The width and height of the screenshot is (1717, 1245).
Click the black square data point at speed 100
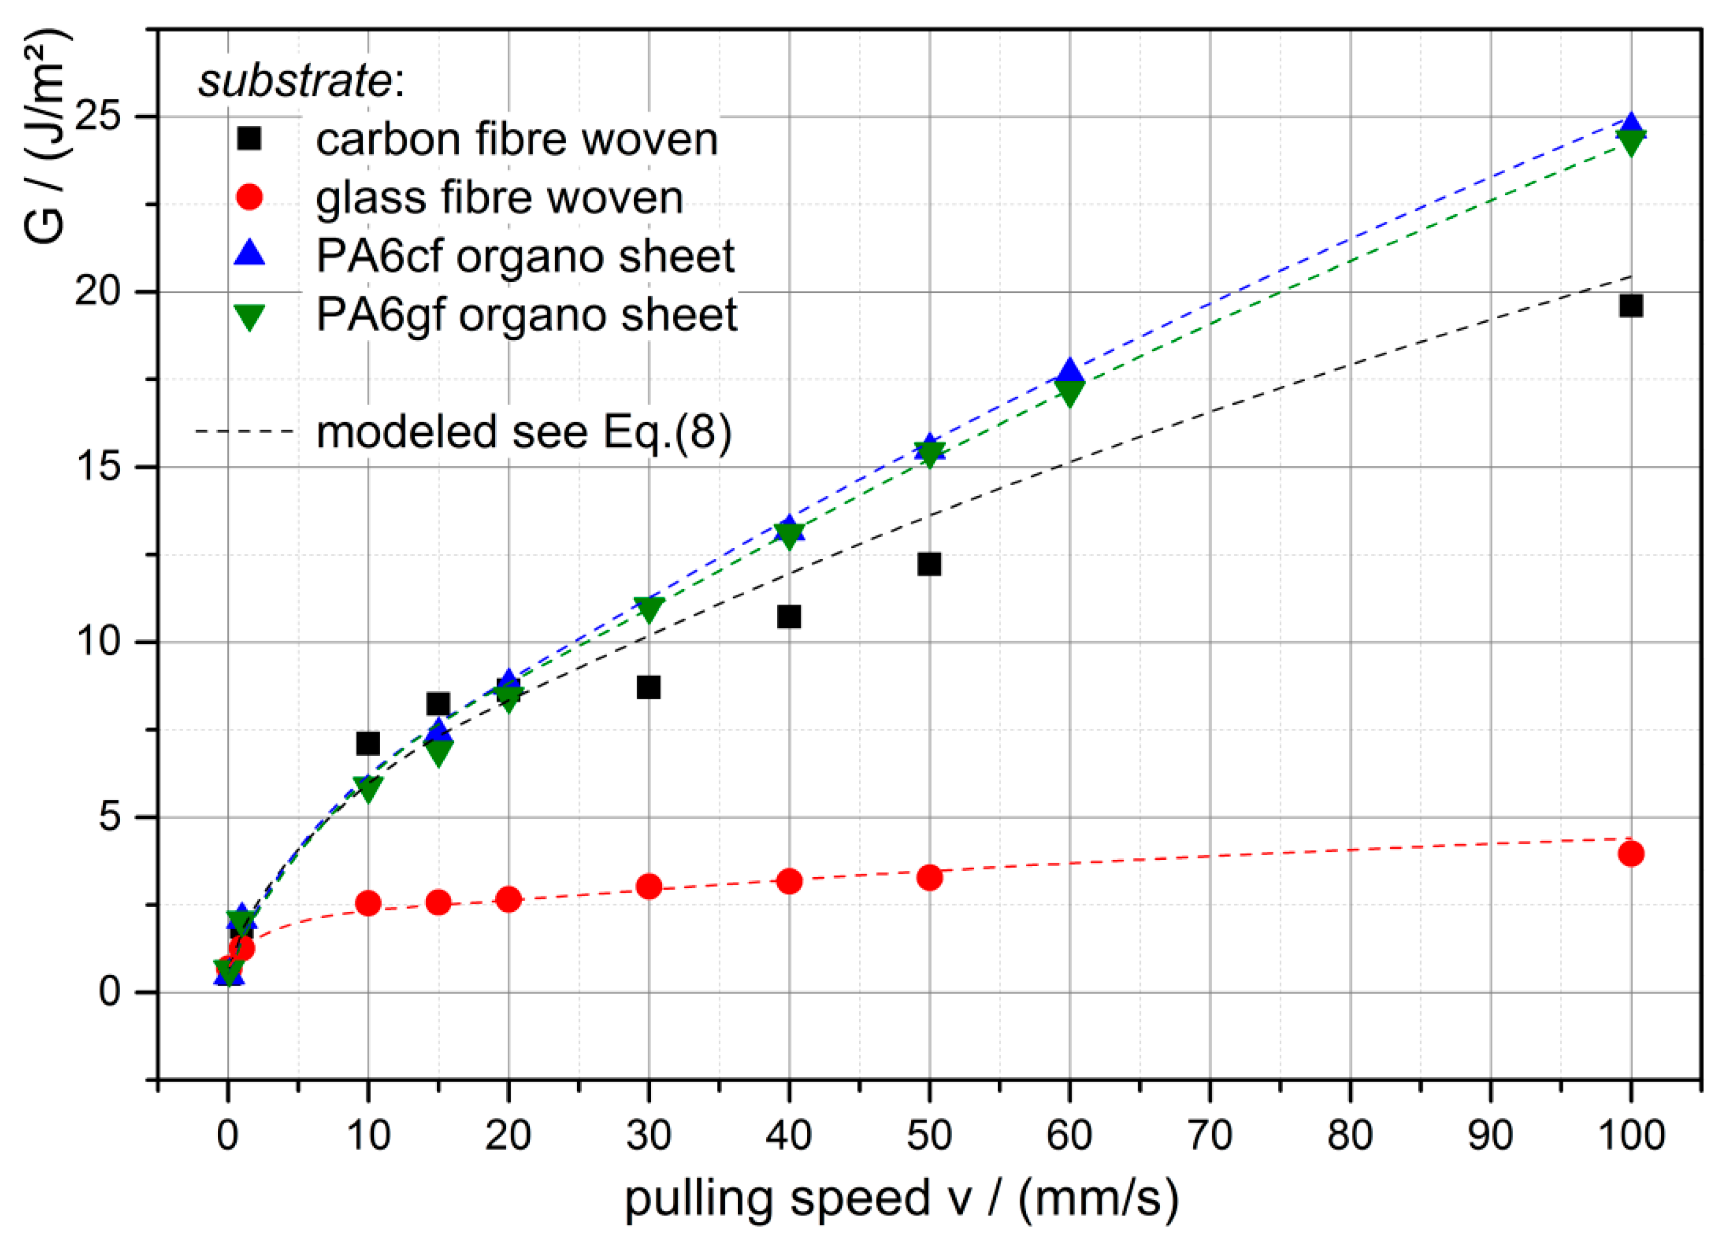click(1631, 305)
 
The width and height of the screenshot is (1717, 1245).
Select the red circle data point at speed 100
click(1631, 853)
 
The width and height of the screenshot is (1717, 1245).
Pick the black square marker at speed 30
click(649, 688)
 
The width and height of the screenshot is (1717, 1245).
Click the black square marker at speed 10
click(368, 744)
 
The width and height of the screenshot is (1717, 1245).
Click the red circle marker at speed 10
click(368, 903)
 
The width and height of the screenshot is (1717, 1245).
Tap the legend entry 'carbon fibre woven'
click(516, 140)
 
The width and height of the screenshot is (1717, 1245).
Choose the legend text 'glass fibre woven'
click(500, 198)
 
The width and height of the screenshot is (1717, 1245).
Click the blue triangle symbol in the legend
click(249, 253)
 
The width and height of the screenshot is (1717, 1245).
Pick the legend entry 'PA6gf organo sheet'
click(526, 315)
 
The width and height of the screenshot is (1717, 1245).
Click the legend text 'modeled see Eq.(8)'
click(524, 432)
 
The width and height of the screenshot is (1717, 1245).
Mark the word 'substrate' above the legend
click(295, 80)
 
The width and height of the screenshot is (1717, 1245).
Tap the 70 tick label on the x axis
click(1210, 1135)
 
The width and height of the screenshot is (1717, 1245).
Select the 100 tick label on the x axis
click(1631, 1135)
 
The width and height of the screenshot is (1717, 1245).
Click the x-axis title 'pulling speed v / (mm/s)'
click(901, 1199)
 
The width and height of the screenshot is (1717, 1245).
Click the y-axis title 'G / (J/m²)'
click(47, 136)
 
